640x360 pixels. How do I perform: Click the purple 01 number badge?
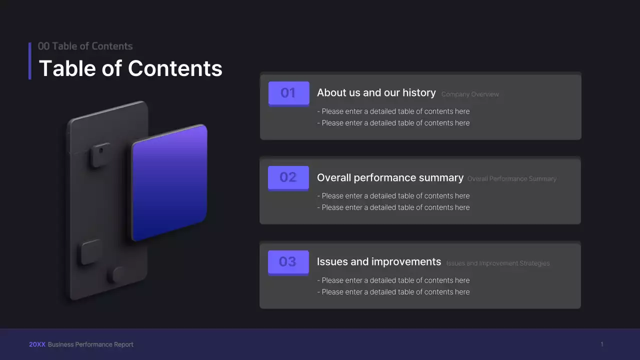288,93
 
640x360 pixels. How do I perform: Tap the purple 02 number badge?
288,177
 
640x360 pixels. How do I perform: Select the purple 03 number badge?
288,262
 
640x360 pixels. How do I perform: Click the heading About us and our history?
376,93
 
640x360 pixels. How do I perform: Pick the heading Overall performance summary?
390,178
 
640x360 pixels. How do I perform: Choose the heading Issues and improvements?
378,262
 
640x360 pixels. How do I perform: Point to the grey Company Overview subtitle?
470,94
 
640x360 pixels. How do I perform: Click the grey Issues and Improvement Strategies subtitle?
497,263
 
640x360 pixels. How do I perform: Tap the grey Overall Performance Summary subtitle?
511,179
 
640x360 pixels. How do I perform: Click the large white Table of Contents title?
130,68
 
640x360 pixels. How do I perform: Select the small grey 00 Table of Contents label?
85,46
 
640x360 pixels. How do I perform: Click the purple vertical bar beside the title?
30,61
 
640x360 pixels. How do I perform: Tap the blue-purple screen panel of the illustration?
169,182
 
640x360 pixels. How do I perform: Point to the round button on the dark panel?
118,274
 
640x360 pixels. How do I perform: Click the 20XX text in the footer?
37,344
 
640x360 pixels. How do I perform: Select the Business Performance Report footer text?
90,344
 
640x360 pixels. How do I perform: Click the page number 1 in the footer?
602,344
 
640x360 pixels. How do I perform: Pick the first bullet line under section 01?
393,111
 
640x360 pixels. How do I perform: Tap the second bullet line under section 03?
393,292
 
